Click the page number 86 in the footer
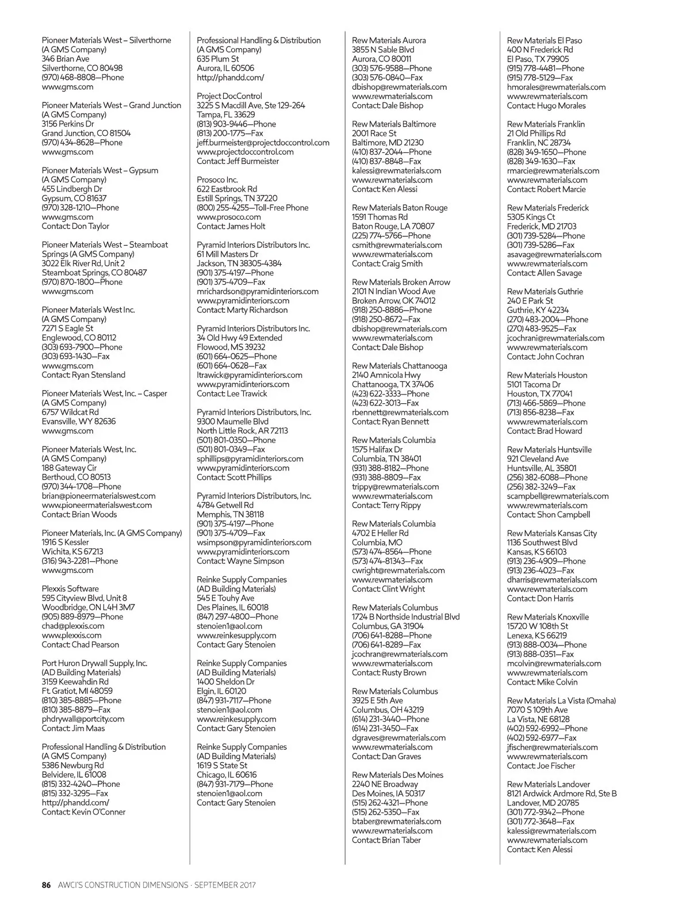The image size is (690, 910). [47, 885]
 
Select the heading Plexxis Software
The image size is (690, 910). [70, 588]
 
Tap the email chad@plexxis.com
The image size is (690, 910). [73, 626]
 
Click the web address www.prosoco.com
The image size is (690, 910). [228, 217]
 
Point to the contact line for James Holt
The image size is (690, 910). [231, 226]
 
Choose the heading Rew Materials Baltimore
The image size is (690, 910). [394, 124]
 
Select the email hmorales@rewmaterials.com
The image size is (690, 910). [556, 87]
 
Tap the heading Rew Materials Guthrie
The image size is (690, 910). [545, 291]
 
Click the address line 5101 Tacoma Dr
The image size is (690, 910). [534, 384]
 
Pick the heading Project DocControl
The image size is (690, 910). [229, 96]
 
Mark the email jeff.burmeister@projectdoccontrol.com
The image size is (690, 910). [263, 143]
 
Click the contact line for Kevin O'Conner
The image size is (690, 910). [83, 812]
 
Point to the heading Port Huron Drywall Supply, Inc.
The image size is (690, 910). [94, 663]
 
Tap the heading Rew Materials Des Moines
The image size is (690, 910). [397, 775]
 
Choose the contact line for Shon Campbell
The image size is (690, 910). [548, 514]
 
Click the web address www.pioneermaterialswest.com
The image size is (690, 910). [97, 505]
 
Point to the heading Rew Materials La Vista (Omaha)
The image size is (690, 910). [561, 701]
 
